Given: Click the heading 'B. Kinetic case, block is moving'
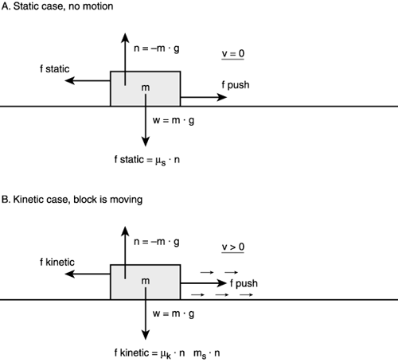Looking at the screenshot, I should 72,200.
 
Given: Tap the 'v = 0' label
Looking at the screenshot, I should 232,53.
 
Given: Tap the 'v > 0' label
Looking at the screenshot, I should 232,247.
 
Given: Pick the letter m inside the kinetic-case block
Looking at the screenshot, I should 145,281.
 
